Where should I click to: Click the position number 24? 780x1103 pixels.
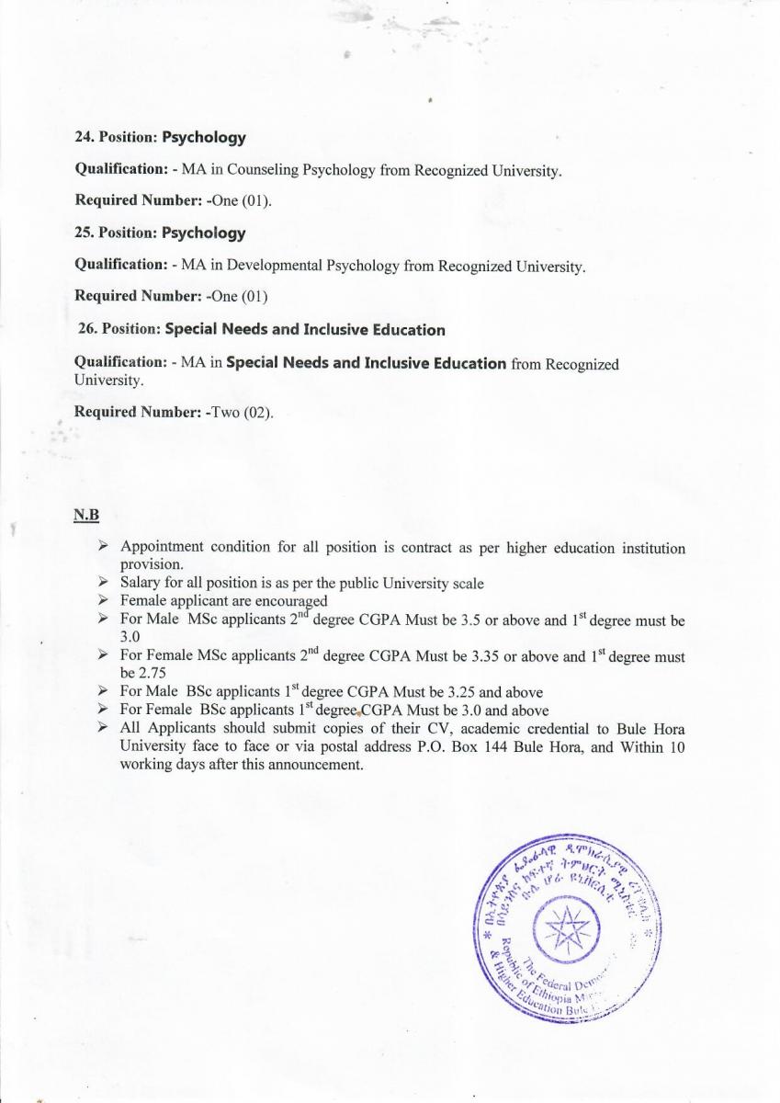[82, 138]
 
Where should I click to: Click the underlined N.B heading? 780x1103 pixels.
[86, 513]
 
